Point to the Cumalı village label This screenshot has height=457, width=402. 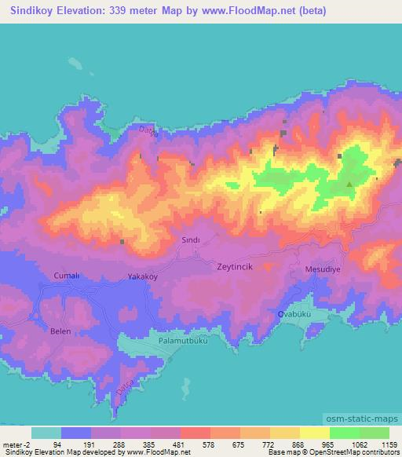click(x=65, y=276)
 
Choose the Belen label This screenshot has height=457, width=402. click(x=60, y=331)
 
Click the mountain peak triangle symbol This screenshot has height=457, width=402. click(x=349, y=185)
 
